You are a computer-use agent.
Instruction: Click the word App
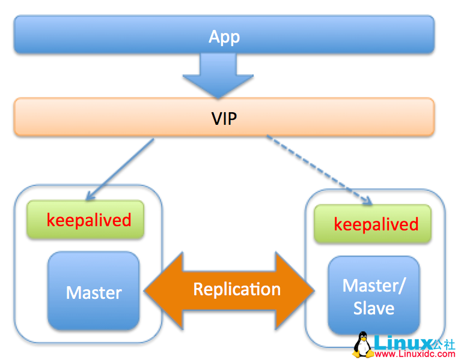click(x=224, y=37)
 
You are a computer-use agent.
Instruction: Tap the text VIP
click(x=224, y=118)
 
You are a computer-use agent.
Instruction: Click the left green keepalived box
click(x=86, y=220)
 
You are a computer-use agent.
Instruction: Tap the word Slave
click(x=373, y=308)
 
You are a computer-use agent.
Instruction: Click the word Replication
click(x=237, y=290)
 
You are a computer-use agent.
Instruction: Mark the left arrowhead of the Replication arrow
click(x=160, y=290)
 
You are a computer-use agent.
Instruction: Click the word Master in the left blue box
click(x=93, y=293)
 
